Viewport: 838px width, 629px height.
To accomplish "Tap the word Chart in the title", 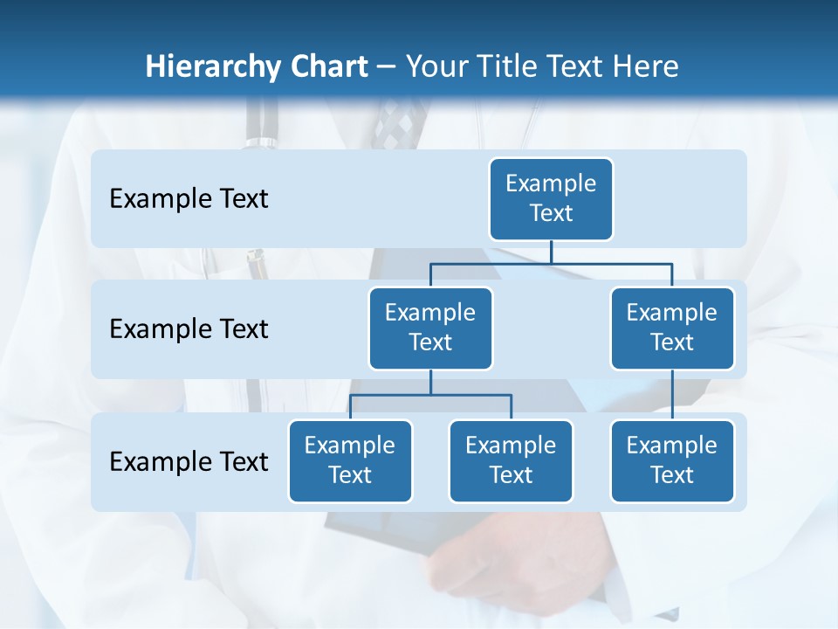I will pos(325,66).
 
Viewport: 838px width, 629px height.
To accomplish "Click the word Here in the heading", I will pos(644,66).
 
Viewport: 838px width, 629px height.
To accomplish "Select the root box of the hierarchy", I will pos(551,198).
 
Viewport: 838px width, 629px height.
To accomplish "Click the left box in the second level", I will pos(430,328).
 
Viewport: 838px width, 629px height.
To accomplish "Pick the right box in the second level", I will pos(672,328).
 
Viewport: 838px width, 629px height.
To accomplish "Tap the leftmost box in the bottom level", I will pos(350,460).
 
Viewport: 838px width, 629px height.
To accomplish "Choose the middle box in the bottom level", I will pos(511,460).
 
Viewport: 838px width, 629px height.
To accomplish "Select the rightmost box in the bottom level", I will pos(672,460).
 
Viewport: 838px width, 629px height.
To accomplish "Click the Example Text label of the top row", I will pos(189,198).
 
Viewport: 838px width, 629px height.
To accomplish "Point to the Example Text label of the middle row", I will pos(189,328).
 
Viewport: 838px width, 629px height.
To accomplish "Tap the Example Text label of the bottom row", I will pos(189,461).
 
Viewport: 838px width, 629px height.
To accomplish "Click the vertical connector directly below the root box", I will pos(551,252).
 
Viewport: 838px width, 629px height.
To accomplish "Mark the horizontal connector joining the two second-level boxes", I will pos(551,263).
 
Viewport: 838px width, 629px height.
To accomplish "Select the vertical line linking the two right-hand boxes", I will pos(672,394).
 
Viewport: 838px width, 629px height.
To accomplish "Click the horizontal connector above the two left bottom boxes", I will pos(430,395).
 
